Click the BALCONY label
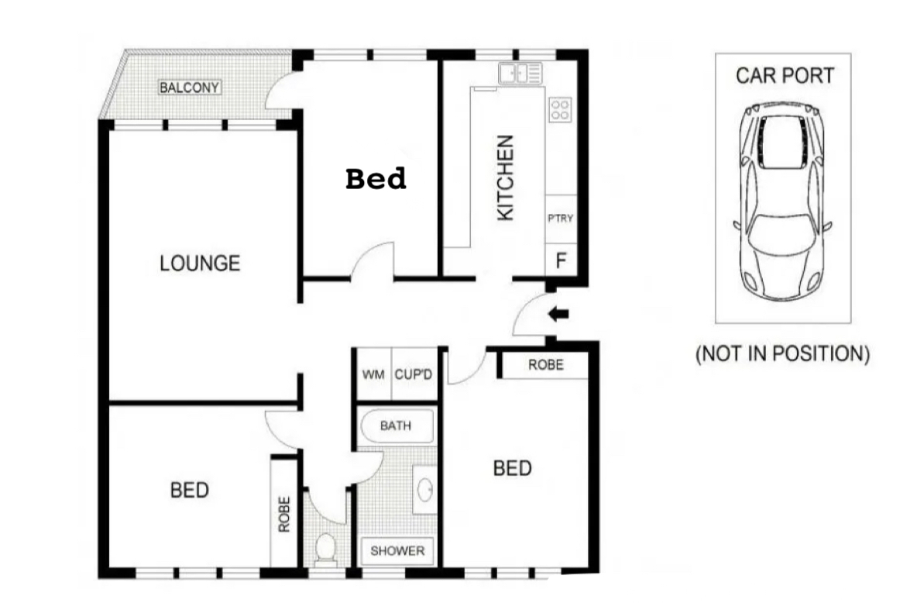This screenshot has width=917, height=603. [x=190, y=88]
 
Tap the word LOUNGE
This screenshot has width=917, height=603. [x=200, y=264]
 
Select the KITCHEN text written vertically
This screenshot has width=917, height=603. [x=505, y=178]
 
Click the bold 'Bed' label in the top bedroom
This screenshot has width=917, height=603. [x=376, y=178]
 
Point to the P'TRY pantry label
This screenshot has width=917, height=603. [x=560, y=219]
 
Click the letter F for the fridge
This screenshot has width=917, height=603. [x=561, y=260]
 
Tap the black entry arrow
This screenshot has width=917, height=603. [x=558, y=315]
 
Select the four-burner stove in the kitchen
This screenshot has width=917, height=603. [x=560, y=110]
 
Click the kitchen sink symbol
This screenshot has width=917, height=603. [x=520, y=74]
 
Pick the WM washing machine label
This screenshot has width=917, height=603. [x=373, y=374]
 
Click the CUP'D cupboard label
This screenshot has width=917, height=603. [x=414, y=374]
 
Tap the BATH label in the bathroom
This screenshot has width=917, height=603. [x=396, y=426]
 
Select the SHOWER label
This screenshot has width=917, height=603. [x=397, y=551]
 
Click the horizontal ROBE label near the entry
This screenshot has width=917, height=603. [x=546, y=365]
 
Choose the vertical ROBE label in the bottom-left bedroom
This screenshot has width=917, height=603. [x=284, y=515]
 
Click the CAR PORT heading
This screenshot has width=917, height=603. [x=785, y=75]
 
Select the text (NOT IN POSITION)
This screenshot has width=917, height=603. [x=782, y=353]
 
